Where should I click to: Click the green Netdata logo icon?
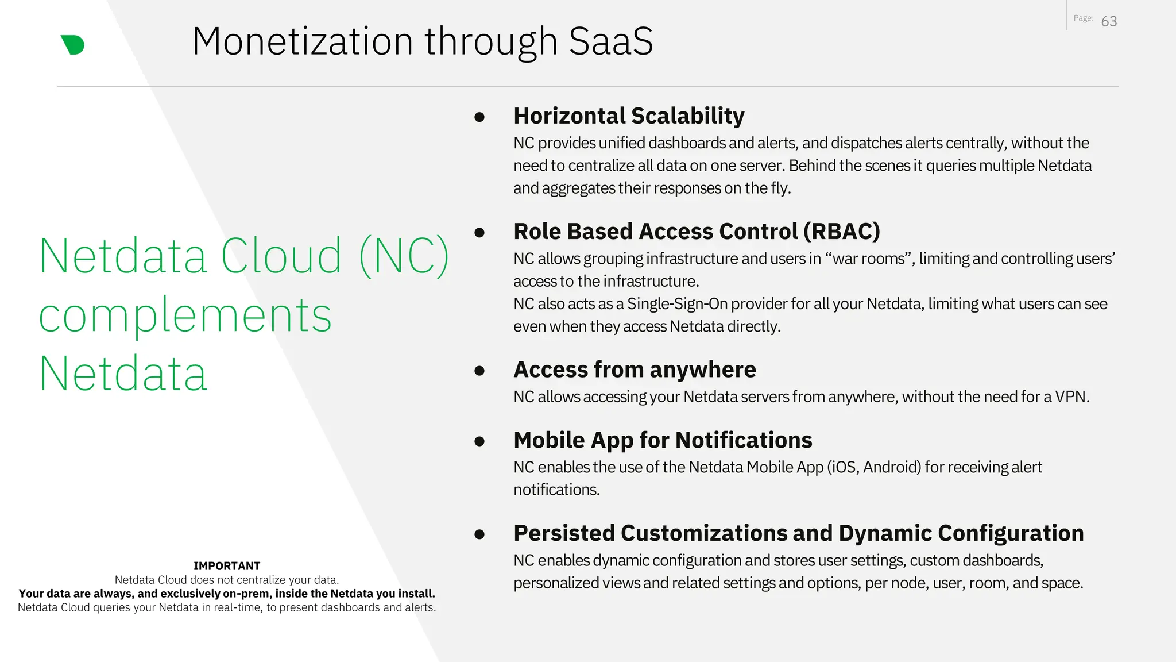pos(73,45)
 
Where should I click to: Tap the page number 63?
pos(1109,22)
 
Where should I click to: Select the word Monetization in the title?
pos(302,41)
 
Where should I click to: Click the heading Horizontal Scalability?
pos(629,116)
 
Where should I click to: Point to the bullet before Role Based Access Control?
pos(479,233)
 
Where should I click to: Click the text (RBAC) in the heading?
pos(841,232)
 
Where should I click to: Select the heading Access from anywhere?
pos(635,370)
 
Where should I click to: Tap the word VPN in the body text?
pos(1070,397)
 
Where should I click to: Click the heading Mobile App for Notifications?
pos(663,440)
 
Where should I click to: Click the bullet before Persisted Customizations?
pos(479,534)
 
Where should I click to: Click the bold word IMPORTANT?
pos(227,566)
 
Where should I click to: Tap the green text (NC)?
pos(404,256)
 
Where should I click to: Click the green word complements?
pos(185,316)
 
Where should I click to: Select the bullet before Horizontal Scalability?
pos(479,117)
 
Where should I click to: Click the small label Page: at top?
pos(1083,18)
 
